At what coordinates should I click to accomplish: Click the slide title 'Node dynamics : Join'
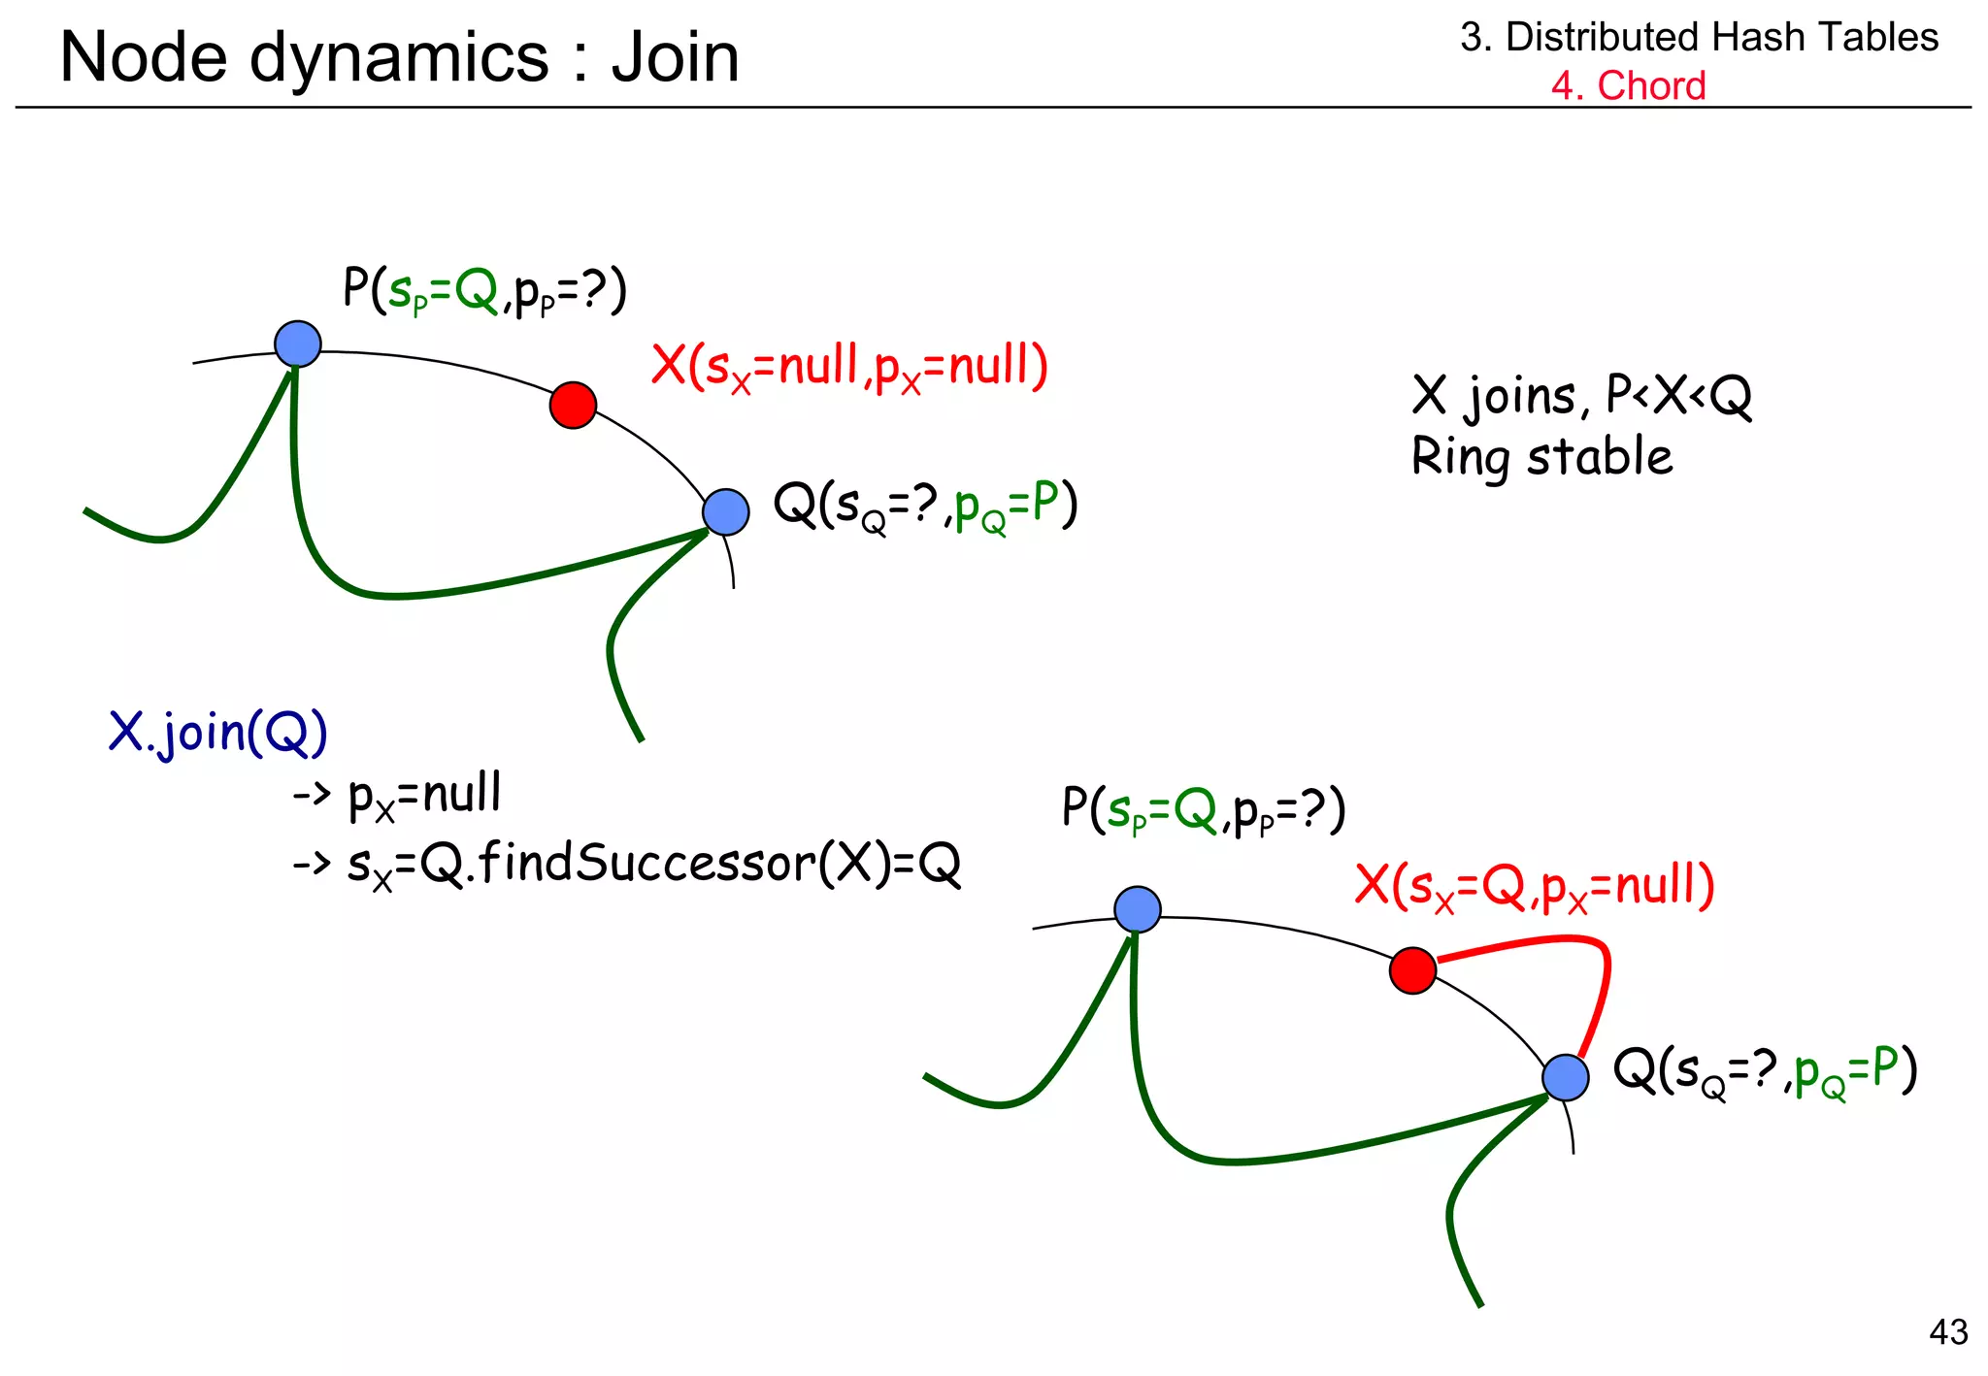tap(399, 57)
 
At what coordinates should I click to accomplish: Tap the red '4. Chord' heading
tap(1627, 85)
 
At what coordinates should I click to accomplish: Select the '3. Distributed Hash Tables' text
tap(1699, 37)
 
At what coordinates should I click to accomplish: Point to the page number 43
tap(1948, 1331)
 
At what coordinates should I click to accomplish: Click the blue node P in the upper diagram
tap(298, 344)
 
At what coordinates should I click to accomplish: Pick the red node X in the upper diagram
tap(573, 405)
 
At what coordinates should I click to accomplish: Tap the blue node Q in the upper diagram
tap(725, 511)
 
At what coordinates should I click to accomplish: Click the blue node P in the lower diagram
tap(1138, 909)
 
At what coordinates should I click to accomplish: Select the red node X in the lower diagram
tap(1412, 970)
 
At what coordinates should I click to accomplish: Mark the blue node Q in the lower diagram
tap(1565, 1077)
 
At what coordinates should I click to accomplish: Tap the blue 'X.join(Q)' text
tap(217, 733)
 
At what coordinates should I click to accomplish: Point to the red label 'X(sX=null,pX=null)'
tap(849, 367)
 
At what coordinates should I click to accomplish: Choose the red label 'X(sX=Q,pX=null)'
tap(1534, 886)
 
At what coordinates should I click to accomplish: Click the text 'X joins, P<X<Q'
tap(1581, 396)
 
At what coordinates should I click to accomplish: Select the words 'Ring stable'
tap(1541, 456)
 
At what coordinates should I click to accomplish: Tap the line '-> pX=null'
tap(397, 795)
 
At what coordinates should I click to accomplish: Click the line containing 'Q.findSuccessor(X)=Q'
tap(626, 864)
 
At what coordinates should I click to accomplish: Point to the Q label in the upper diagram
tap(925, 506)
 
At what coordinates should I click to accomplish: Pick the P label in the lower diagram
tap(1204, 810)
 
